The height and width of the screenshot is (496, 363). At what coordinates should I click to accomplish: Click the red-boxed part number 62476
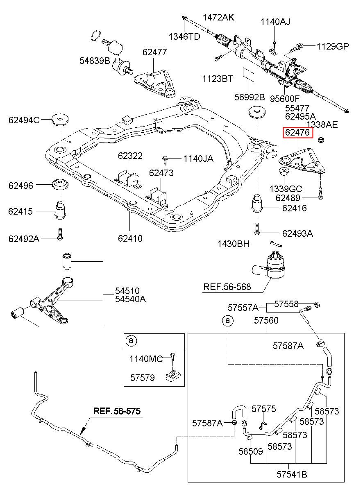click(297, 132)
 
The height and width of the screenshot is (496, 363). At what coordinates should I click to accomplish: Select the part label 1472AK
click(218, 17)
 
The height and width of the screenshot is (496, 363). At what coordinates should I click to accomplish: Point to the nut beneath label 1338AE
click(320, 140)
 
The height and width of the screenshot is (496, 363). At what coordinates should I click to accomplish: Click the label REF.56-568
click(227, 287)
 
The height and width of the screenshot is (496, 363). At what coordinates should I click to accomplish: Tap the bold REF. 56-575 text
click(117, 411)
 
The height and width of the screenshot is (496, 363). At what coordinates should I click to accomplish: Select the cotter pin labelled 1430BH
click(276, 244)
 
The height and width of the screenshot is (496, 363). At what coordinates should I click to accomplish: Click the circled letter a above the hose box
click(228, 320)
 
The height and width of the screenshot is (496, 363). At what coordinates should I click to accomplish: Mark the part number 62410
click(130, 238)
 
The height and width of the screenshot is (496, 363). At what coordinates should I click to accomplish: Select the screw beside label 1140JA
click(165, 160)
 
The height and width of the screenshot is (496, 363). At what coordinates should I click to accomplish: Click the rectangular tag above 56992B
click(249, 74)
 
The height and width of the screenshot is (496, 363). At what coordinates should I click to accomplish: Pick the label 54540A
click(130, 299)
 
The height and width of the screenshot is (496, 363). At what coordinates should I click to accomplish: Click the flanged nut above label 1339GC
click(283, 171)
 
